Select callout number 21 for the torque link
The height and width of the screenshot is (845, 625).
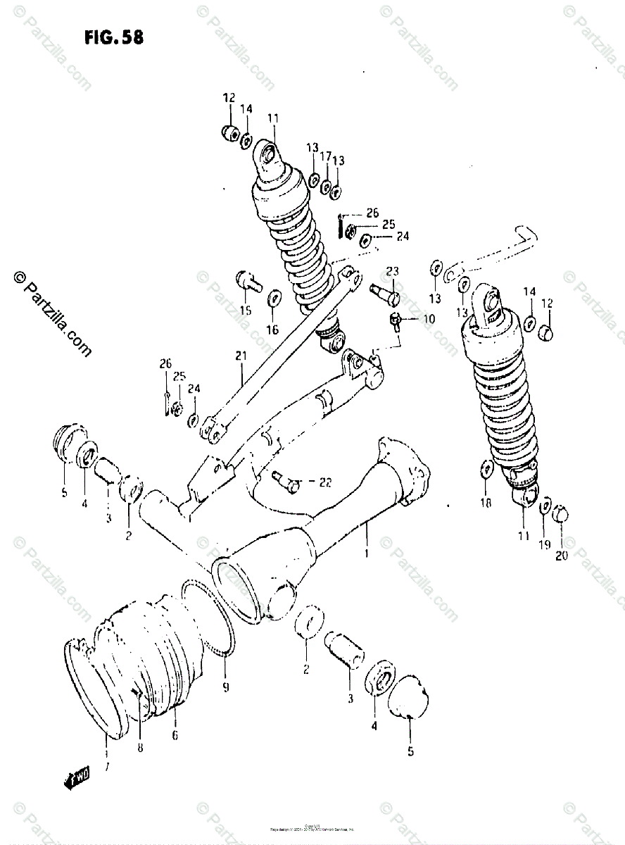point(241,356)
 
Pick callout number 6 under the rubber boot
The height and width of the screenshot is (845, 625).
point(174,736)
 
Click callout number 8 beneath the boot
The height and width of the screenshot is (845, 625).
point(140,747)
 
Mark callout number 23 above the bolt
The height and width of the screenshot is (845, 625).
point(392,270)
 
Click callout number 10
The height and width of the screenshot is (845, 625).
point(428,318)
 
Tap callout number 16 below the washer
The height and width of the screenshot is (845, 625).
point(272,329)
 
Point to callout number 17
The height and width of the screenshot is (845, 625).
point(326,156)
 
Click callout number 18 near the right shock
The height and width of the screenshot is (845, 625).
point(485,501)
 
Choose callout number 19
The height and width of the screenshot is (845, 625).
point(545,544)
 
